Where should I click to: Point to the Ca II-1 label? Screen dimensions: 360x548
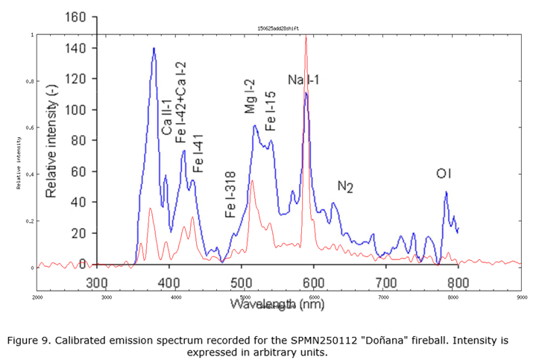[167, 119]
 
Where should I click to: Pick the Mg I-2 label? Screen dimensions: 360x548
[251, 97]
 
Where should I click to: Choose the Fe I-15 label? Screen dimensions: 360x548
[270, 112]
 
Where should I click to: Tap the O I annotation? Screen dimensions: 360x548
[444, 174]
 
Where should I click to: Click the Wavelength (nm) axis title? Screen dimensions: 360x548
[277, 304]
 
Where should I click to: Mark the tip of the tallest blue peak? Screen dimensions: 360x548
[154, 48]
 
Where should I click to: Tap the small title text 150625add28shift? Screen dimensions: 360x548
[278, 28]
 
